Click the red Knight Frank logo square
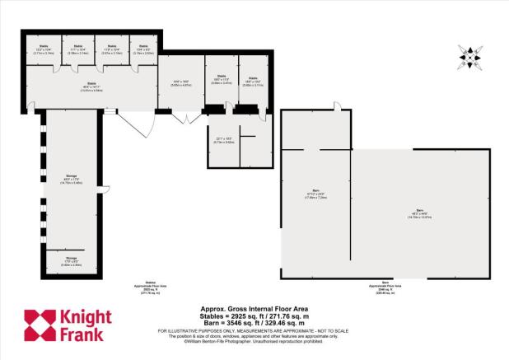point(39,325)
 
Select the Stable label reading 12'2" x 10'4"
point(42,49)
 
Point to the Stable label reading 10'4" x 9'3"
point(144,49)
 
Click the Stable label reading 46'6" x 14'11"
point(92,86)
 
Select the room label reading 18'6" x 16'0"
point(181,83)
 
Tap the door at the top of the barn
point(337,105)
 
